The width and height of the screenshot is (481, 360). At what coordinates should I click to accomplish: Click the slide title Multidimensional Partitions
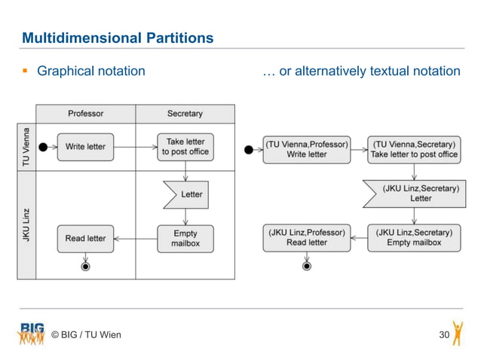118,38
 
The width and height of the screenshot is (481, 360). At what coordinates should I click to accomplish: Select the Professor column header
86,114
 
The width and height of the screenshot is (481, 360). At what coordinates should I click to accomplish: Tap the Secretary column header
185,114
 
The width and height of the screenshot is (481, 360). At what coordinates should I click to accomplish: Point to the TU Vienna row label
26,147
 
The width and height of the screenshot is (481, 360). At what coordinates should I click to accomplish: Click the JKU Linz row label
26,224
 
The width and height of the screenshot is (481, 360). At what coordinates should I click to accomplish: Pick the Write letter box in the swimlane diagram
86,147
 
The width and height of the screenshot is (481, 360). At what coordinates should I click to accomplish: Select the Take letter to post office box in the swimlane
185,147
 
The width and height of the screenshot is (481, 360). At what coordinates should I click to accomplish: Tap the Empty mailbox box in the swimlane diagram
185,239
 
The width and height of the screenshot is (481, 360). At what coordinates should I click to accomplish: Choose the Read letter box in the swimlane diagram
86,239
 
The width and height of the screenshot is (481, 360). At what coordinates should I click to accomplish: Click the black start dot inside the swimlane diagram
44,147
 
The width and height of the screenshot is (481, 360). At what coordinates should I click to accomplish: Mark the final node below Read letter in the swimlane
86,267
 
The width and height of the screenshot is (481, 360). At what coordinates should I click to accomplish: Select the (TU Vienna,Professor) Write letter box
307,149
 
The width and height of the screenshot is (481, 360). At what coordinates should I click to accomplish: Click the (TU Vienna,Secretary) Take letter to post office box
414,149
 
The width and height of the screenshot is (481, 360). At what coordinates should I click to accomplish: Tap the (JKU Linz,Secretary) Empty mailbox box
414,238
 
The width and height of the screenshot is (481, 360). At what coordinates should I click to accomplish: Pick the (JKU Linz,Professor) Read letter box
307,238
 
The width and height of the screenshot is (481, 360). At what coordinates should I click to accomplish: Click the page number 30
444,334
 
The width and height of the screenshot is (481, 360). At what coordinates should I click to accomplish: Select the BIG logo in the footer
32,331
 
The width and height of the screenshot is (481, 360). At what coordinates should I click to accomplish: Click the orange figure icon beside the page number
458,332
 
